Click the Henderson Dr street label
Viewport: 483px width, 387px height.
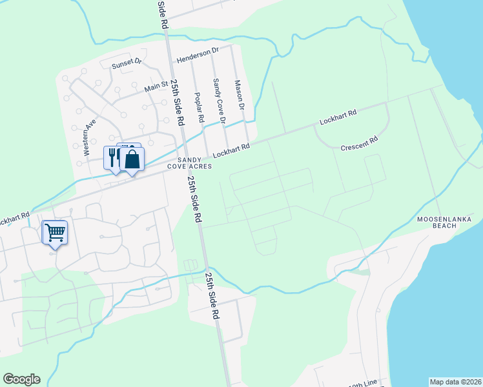198,50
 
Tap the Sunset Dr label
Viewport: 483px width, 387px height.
126,63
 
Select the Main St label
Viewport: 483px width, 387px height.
156,86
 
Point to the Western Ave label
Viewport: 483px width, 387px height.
90,137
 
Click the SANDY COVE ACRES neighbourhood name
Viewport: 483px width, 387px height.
189,162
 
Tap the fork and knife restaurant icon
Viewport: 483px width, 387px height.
112,157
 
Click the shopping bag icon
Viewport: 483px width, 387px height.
132,159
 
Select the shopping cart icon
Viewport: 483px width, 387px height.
55,231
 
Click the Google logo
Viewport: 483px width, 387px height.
21,379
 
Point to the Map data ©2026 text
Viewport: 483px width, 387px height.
455,381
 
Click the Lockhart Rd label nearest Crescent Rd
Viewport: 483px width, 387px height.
338,117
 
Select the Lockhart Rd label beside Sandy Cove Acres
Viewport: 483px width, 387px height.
231,151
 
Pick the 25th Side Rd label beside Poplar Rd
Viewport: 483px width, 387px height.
178,103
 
